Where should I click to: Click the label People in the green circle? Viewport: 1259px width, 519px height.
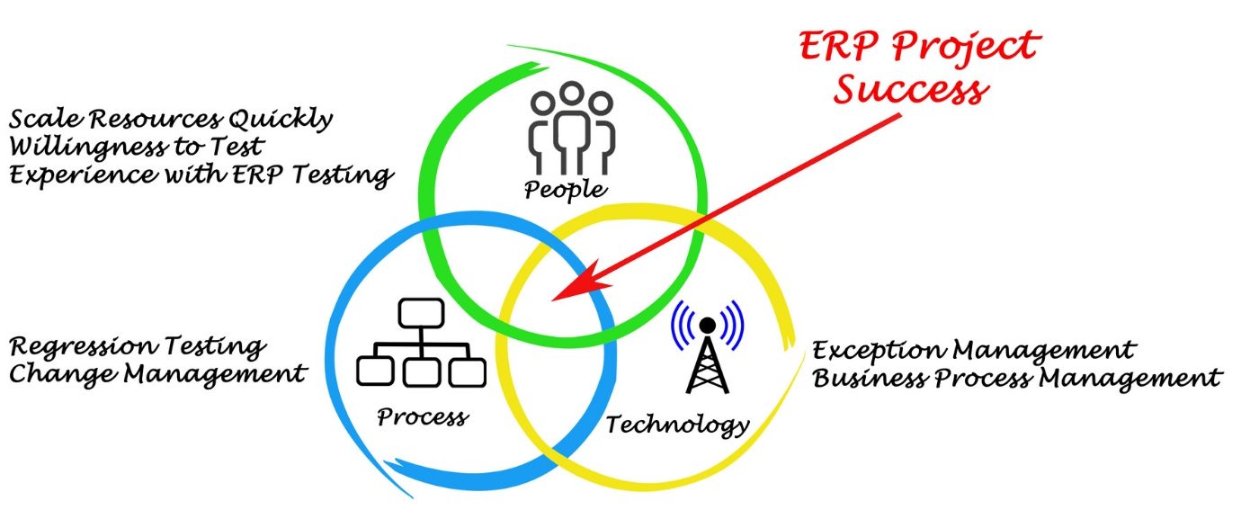coord(566,190)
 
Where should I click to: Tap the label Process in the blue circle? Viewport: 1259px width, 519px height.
coord(423,416)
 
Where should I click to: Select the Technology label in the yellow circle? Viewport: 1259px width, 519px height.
coord(678,425)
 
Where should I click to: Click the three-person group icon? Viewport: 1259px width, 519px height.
coord(572,129)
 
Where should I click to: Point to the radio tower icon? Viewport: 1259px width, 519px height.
coord(707,346)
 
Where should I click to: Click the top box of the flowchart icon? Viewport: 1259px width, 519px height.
coord(421,313)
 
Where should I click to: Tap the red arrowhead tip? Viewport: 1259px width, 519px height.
coord(552,300)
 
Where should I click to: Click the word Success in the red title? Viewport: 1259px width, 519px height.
coord(910,90)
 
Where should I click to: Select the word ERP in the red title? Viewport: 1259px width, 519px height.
coord(838,45)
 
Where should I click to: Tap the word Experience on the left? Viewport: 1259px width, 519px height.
coord(83,174)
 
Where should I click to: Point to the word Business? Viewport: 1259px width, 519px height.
coord(870,377)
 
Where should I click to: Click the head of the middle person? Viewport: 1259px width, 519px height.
coord(572,94)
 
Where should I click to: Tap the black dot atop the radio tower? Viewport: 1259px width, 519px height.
coord(707,325)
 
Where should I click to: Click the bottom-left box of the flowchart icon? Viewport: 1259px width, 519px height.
coord(375,371)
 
